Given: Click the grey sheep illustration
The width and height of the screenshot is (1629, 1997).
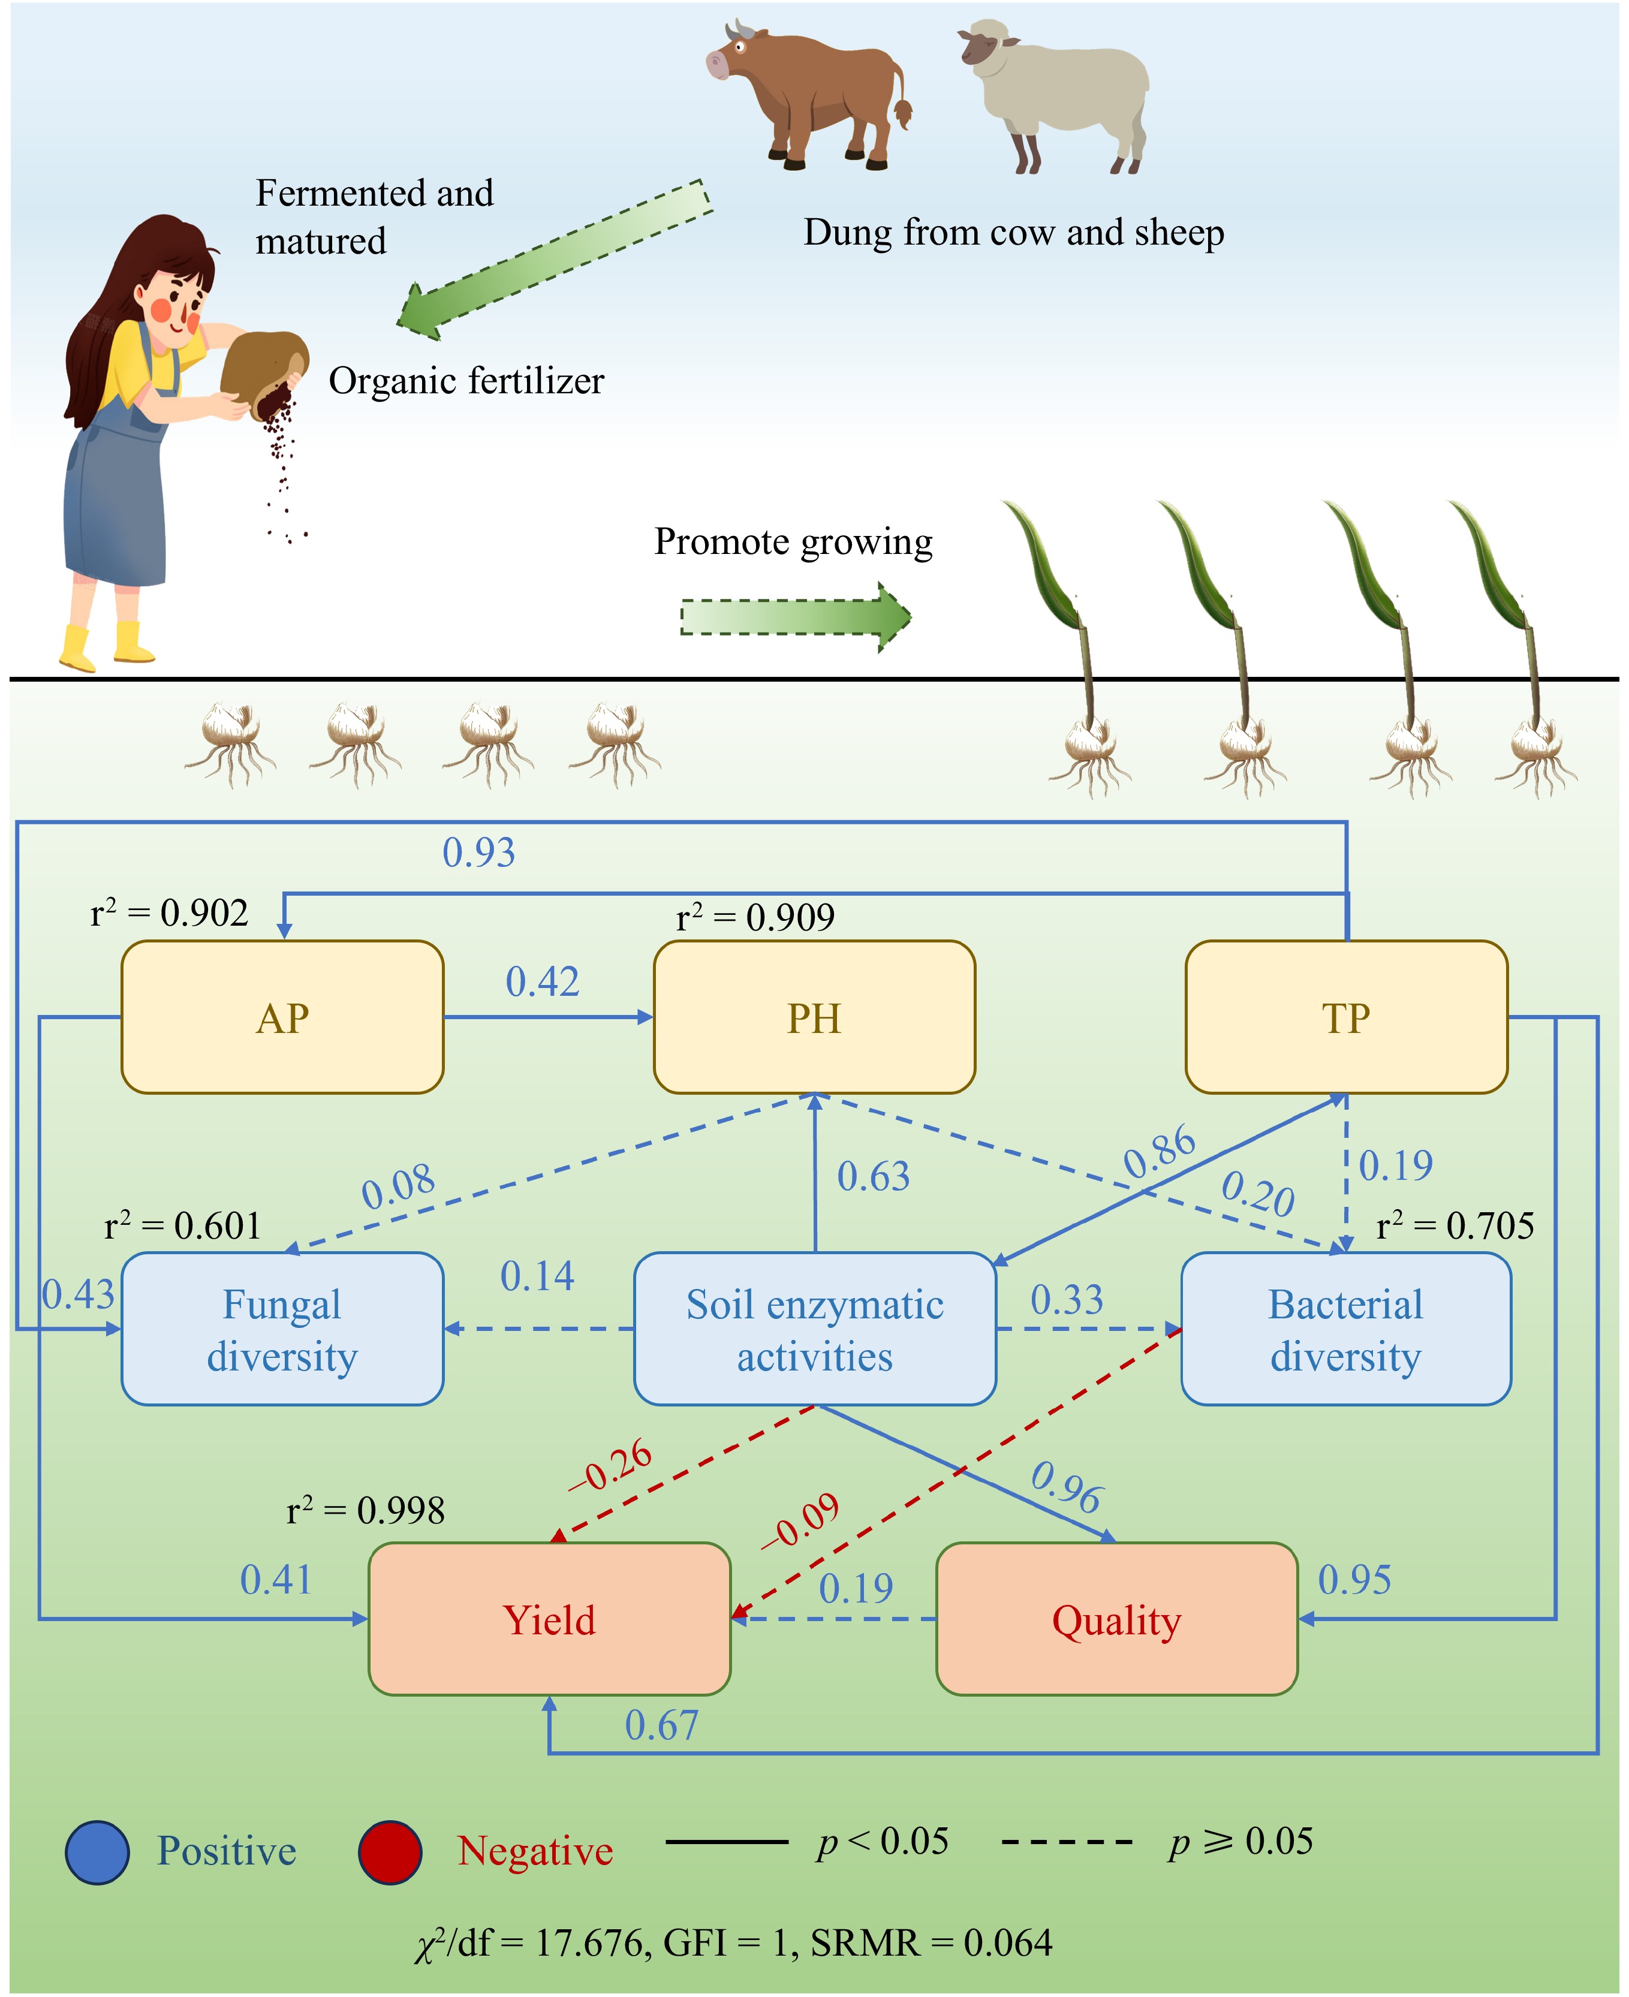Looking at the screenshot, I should pos(1056,94).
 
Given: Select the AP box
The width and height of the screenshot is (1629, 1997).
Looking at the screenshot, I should pos(282,1017).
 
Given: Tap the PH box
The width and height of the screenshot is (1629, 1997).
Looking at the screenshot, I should pos(814,1017).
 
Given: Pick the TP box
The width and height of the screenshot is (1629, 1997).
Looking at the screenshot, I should pos(1347,1017).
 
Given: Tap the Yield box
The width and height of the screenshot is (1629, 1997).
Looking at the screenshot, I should pos(549,1620).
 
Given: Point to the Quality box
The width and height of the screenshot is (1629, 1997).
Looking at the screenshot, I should pos(1116,1620).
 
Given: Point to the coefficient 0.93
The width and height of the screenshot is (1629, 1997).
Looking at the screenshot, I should pos(478,852).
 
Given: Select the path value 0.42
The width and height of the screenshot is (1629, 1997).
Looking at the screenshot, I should pos(543,981).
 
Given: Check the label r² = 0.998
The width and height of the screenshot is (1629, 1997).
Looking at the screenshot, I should pos(365,1510).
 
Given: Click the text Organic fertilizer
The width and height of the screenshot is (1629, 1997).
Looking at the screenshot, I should pos(466,381).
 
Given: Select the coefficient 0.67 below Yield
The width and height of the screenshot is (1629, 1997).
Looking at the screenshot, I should pos(661,1725).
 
